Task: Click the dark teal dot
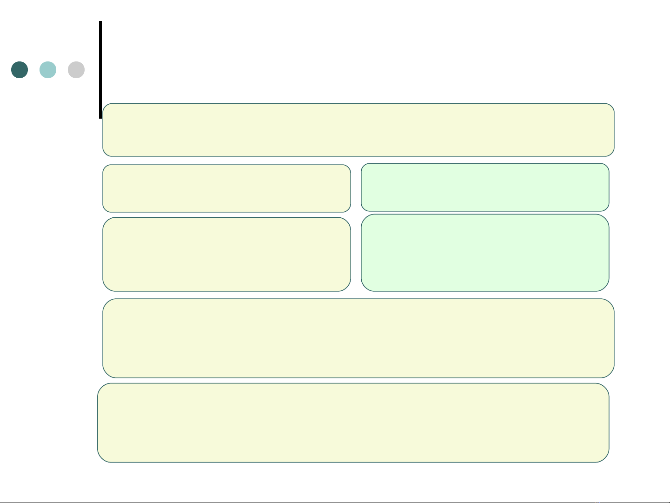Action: coord(20,70)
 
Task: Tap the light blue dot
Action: coord(48,70)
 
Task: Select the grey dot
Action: coord(76,70)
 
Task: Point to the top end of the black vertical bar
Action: coord(100,22)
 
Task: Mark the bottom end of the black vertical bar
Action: coord(100,118)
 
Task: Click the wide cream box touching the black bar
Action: coord(358,130)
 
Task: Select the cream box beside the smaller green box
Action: coord(226,188)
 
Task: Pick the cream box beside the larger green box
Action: coord(226,254)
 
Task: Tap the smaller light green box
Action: coord(485,187)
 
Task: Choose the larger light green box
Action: coord(485,253)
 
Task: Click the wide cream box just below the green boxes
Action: coord(358,338)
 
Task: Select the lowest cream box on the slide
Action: coord(353,423)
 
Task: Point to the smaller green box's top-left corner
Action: coord(363,165)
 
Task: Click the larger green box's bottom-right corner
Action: coord(607,289)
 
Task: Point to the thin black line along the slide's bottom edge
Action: coord(335,502)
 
